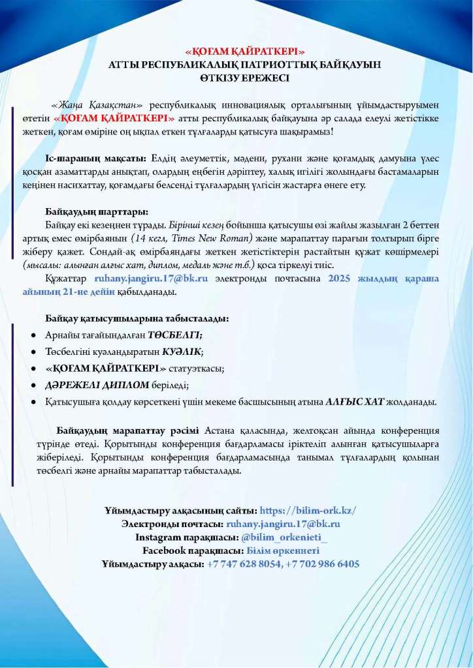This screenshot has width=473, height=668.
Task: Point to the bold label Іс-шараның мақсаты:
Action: (95, 159)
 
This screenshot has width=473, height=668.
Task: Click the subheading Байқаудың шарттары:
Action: (97, 212)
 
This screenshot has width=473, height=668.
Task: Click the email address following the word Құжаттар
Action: (152, 279)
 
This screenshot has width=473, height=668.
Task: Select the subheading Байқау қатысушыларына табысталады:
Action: (137, 319)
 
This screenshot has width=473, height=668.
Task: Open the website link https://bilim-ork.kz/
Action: (308, 511)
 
